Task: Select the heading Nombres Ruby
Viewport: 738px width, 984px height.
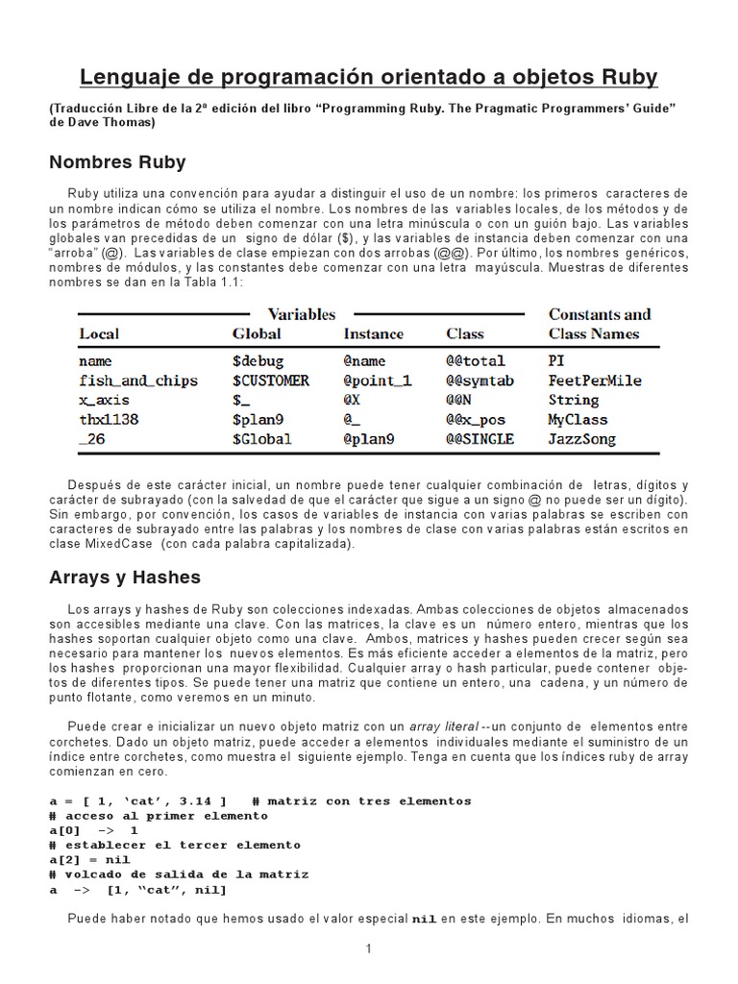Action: point(117,161)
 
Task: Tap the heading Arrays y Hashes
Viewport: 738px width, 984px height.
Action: point(125,578)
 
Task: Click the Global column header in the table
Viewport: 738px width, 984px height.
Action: point(257,334)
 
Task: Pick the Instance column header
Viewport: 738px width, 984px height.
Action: point(374,334)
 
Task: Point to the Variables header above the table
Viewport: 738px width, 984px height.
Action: point(301,314)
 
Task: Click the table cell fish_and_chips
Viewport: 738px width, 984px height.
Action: point(138,381)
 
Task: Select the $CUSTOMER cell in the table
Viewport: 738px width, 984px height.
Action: point(271,381)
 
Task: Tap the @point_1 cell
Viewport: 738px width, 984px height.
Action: point(378,381)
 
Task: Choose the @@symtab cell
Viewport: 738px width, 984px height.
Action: point(480,381)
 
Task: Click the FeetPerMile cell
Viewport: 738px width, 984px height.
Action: point(595,381)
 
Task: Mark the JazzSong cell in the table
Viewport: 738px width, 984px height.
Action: point(582,439)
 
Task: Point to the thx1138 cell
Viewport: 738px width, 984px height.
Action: point(109,420)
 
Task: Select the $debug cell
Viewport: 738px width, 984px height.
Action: point(258,361)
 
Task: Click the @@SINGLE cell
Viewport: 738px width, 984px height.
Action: point(480,439)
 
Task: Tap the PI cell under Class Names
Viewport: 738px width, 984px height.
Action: point(556,361)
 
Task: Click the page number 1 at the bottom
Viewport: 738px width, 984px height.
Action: point(368,949)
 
